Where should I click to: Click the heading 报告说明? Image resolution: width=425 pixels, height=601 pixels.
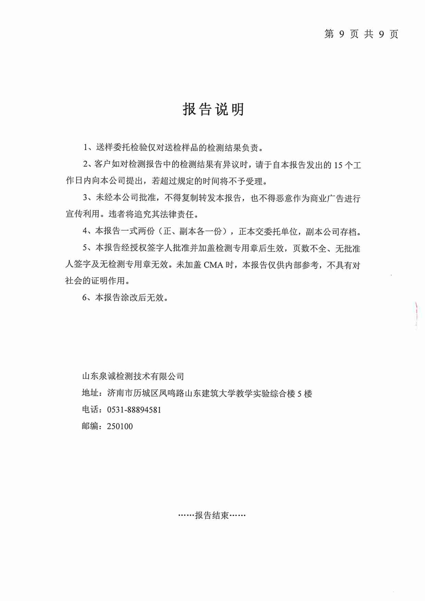click(213, 109)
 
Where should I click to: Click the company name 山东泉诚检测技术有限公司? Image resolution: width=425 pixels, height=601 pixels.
click(133, 376)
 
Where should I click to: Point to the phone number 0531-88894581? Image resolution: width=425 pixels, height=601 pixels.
click(134, 410)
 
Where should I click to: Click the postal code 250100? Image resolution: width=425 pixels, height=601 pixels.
click(120, 427)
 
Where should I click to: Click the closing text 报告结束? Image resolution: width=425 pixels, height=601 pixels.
click(212, 515)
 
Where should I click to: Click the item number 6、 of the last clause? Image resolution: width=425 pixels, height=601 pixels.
click(88, 297)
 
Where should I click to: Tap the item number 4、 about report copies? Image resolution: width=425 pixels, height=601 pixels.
click(88, 231)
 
